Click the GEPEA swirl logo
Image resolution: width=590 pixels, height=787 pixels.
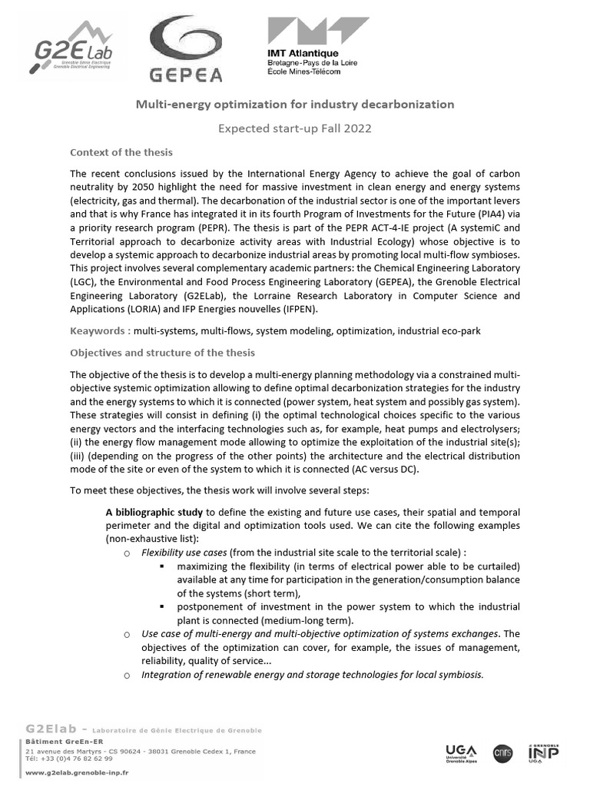184,50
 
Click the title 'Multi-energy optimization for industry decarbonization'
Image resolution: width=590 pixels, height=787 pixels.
295,104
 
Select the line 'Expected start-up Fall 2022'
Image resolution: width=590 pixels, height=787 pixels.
295,128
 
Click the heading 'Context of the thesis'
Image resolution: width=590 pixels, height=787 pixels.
121,152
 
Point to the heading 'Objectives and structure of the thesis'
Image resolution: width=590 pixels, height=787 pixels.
163,353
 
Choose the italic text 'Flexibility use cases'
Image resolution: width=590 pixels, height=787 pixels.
184,553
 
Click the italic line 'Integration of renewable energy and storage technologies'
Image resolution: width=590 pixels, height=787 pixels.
313,674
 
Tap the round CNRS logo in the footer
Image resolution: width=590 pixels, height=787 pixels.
504,752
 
